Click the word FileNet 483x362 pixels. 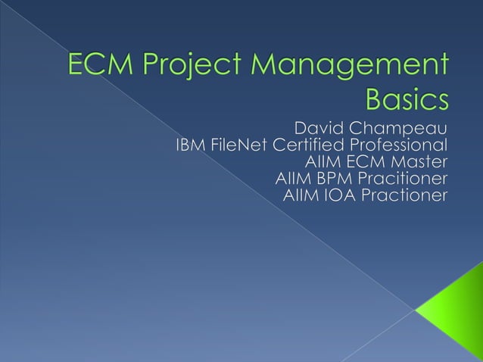pos(239,143)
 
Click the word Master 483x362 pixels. pos(419,161)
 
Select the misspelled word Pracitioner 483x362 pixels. pos(403,179)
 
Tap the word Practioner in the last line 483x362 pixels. pos(405,197)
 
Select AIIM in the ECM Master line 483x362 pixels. pos(322,161)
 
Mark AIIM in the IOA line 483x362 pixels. pos(301,197)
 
